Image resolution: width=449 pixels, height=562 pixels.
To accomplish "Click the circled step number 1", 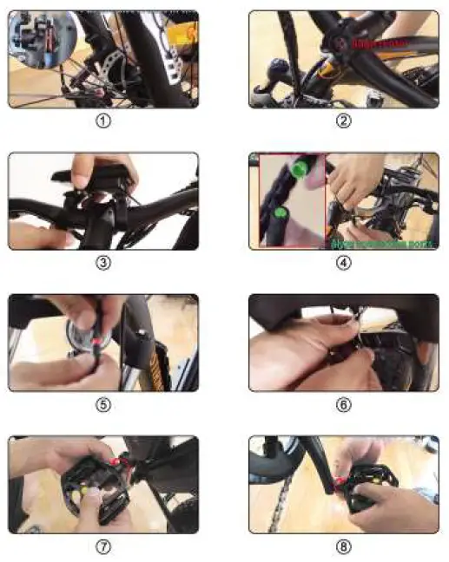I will [x=103, y=121].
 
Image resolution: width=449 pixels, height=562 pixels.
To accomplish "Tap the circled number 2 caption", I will [x=344, y=121].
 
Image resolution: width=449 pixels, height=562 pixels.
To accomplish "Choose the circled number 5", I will [x=103, y=405].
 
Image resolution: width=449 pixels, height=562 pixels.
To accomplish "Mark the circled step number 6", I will [x=344, y=405].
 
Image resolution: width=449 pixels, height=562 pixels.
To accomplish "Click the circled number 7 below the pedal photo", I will [x=103, y=547].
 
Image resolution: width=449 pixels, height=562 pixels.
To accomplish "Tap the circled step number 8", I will [x=344, y=547].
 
